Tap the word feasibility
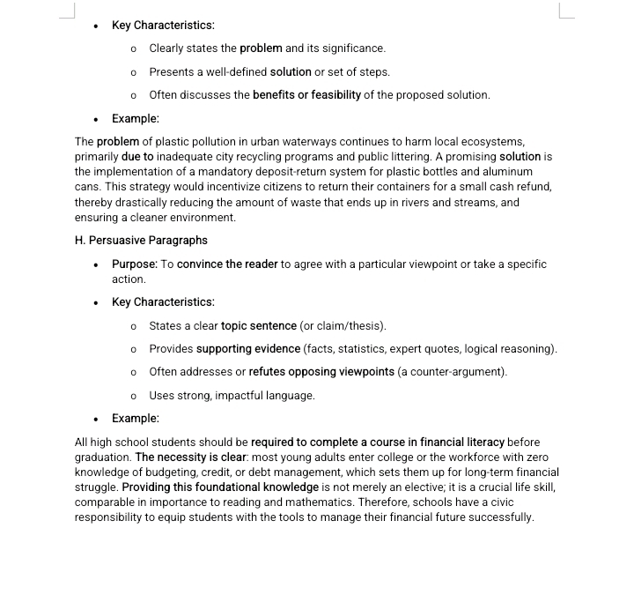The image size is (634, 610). click(330, 95)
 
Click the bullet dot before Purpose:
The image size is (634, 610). click(96, 264)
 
